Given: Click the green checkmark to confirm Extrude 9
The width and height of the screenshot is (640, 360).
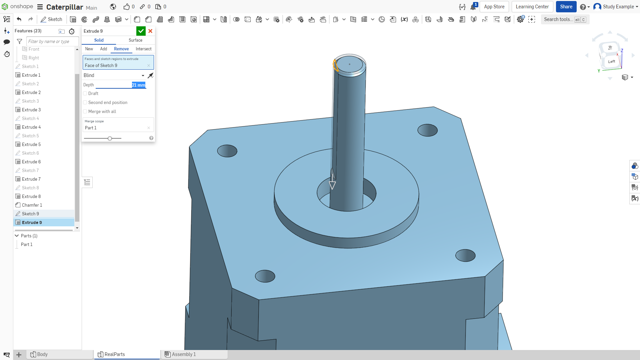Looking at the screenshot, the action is pyautogui.click(x=141, y=31).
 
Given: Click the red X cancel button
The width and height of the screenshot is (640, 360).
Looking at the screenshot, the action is pyautogui.click(x=150, y=31).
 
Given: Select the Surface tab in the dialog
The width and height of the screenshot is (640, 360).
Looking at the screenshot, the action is pyautogui.click(x=135, y=40).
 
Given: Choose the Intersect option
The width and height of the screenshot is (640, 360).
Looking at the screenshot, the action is pyautogui.click(x=144, y=49).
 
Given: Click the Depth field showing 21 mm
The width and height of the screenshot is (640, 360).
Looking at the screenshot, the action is pyautogui.click(x=138, y=85).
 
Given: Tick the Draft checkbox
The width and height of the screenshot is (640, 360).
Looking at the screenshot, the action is pyautogui.click(x=85, y=94).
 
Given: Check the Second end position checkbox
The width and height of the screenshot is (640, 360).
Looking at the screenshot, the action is pyautogui.click(x=85, y=103).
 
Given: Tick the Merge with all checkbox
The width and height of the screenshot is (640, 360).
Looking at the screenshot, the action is pyautogui.click(x=85, y=112).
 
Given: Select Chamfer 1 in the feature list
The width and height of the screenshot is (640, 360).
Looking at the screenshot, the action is pyautogui.click(x=32, y=205).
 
